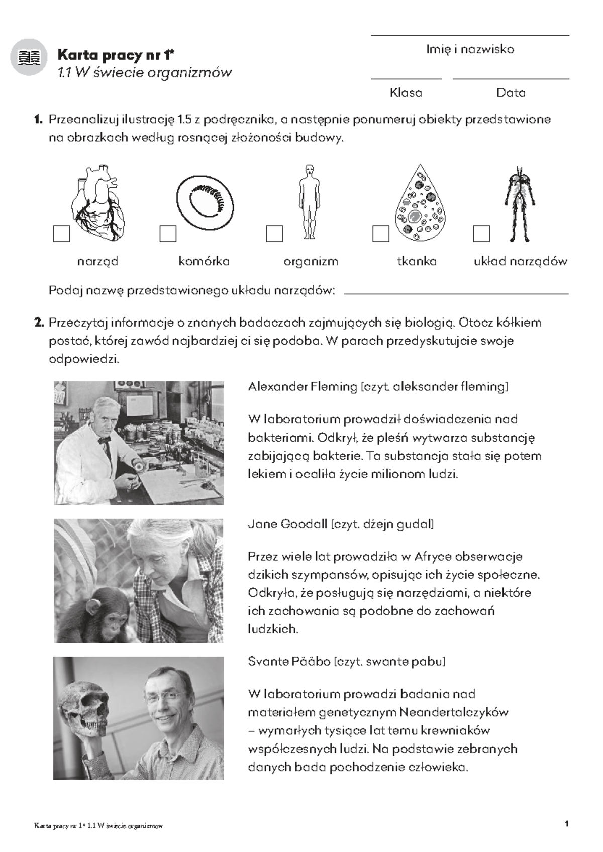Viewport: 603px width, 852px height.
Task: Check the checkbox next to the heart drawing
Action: click(x=62, y=234)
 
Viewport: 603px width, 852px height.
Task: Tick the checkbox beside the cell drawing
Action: click(x=168, y=234)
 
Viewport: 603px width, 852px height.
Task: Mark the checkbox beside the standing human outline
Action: click(x=274, y=234)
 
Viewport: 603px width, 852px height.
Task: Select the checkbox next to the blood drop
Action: click(x=381, y=234)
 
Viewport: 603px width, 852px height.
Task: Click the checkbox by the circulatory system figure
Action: click(x=481, y=234)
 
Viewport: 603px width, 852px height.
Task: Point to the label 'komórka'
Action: click(x=204, y=261)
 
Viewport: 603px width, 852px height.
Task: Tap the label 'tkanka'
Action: click(x=417, y=261)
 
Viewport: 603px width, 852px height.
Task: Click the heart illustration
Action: click(x=99, y=203)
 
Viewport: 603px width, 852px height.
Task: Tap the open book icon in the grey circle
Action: click(x=29, y=57)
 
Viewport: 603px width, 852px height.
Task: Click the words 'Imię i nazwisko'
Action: click(x=470, y=49)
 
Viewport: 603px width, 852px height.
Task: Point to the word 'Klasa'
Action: click(x=406, y=93)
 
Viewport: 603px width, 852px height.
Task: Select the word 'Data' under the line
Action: click(x=511, y=93)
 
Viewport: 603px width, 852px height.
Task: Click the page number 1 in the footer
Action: click(x=567, y=824)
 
